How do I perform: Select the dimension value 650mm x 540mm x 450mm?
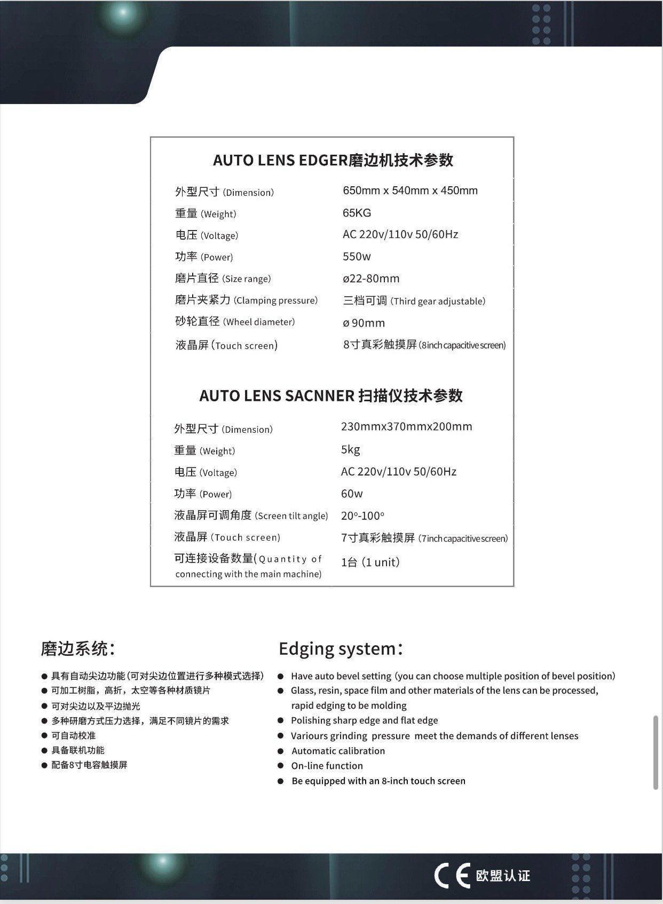[410, 191]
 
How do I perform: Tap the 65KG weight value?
[357, 213]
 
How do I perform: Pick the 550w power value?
[357, 257]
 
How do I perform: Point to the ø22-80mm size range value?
[371, 279]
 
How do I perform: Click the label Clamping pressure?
[275, 300]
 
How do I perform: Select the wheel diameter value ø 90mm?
[364, 323]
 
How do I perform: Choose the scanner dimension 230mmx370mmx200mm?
[406, 426]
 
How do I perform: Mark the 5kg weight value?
[350, 449]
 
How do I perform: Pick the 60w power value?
[352, 494]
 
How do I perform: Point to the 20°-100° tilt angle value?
[362, 516]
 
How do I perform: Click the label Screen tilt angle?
[291, 516]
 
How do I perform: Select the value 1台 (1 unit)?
[370, 562]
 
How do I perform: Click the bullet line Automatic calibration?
[338, 751]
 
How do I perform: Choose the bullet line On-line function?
[327, 766]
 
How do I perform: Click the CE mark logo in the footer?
[452, 875]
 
